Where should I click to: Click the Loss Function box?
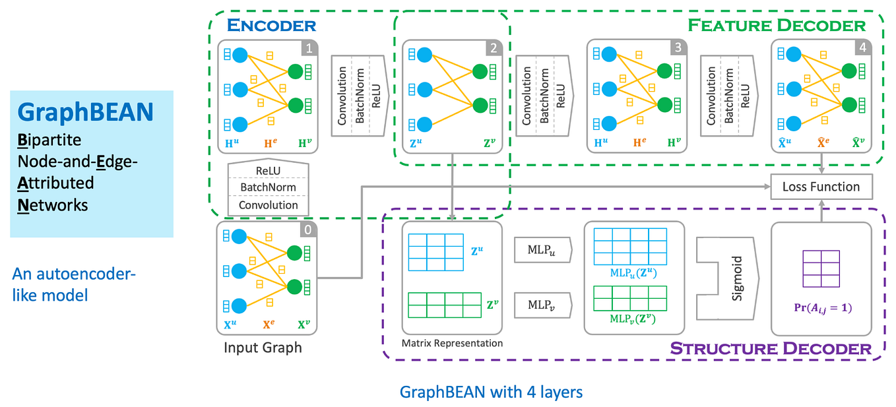[x=821, y=187]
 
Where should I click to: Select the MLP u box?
[x=543, y=250]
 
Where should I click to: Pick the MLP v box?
[x=543, y=305]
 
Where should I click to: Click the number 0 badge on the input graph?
[x=308, y=230]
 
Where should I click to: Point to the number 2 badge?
[x=494, y=48]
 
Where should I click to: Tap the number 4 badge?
[x=863, y=47]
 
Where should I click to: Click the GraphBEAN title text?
[x=86, y=112]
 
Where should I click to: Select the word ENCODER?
[x=272, y=25]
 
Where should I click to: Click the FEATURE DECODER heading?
[x=777, y=25]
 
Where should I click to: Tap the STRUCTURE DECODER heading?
[x=771, y=348]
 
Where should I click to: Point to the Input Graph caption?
[x=263, y=348]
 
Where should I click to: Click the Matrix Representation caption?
[x=452, y=343]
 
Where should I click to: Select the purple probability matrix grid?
[x=821, y=268]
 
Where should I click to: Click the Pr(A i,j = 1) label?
[x=823, y=308]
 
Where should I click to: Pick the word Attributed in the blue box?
[x=55, y=183]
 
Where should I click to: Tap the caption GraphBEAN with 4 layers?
[x=491, y=392]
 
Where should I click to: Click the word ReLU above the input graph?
[x=268, y=171]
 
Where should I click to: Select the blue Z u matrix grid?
[x=436, y=252]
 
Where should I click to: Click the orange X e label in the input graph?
[x=269, y=325]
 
